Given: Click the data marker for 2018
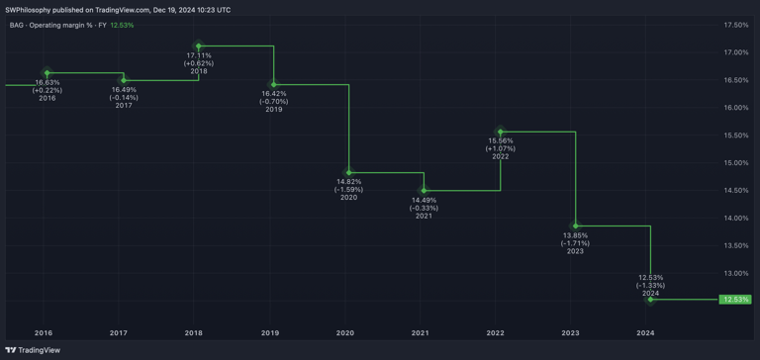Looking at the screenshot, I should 199,46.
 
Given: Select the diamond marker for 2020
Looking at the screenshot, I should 349,173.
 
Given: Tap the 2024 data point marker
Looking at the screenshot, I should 650,299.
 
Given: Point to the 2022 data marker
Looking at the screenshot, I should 501,132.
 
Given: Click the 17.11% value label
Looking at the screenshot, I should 199,55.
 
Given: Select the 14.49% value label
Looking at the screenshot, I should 424,200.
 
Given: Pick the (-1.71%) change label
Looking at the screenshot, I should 575,243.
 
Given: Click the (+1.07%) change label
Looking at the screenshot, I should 501,148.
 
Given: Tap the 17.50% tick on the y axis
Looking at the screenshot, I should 735,25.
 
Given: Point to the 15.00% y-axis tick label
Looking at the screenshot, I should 735,163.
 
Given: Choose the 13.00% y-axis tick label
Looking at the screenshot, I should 735,273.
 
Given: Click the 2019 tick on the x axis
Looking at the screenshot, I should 270,333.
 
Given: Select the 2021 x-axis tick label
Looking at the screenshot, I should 421,333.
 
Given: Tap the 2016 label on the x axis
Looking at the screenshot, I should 44,333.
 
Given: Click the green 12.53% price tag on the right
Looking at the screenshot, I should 735,299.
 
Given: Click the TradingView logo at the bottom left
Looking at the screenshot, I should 33,350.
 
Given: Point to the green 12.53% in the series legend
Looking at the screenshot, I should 122,25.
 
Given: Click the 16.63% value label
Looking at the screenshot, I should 47,82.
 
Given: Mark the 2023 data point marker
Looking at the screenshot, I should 576,226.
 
